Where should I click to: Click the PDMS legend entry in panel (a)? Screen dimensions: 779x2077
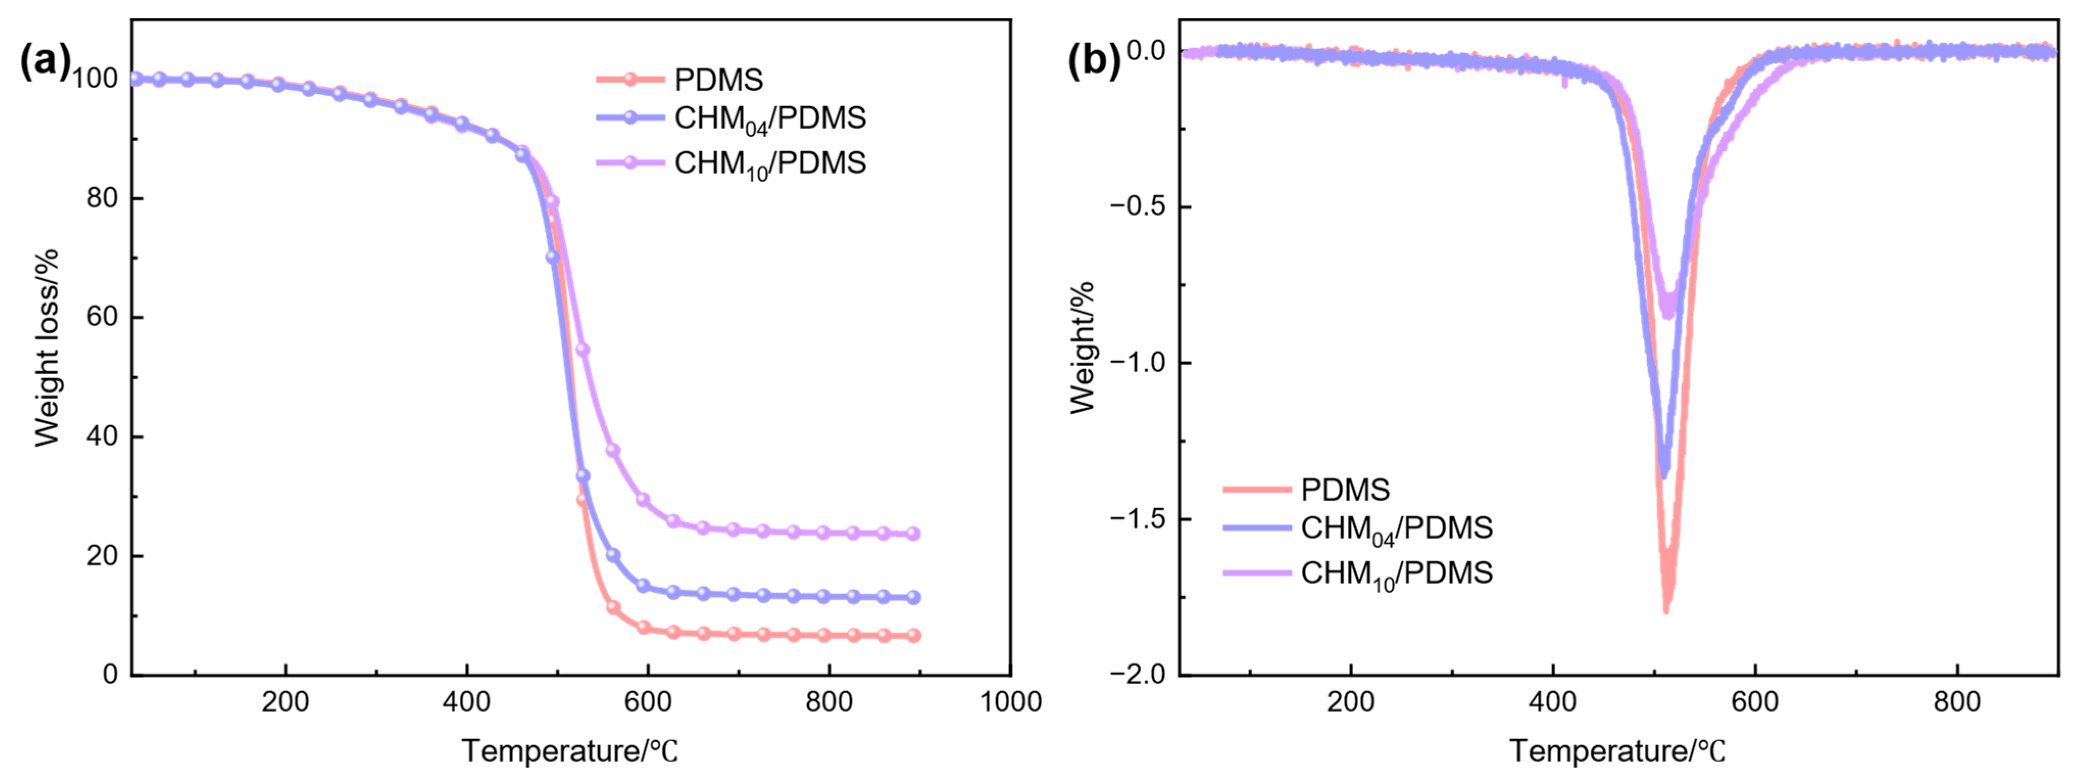point(718,79)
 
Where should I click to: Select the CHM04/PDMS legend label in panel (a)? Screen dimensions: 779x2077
point(769,118)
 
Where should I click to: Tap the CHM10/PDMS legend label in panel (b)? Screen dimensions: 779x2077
point(1396,573)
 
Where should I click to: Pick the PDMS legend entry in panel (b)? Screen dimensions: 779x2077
point(1345,490)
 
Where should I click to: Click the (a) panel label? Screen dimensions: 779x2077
point(44,60)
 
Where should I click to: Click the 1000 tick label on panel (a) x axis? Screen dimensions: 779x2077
point(1010,701)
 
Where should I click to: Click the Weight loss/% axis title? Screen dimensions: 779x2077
point(47,347)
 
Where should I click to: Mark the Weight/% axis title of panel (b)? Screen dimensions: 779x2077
point(1083,347)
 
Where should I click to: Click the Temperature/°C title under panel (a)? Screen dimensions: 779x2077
point(569,751)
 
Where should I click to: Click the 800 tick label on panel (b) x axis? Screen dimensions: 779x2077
point(1957,701)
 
